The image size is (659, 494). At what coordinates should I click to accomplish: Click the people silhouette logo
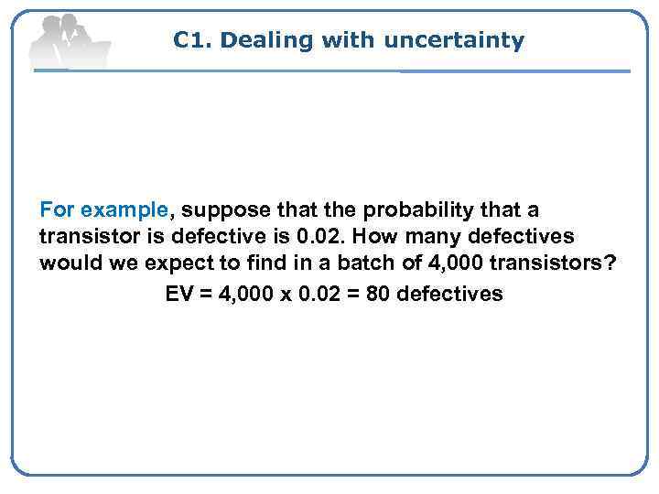pyautogui.click(x=69, y=40)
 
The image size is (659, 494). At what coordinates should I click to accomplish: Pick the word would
pyautogui.click(x=68, y=264)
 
